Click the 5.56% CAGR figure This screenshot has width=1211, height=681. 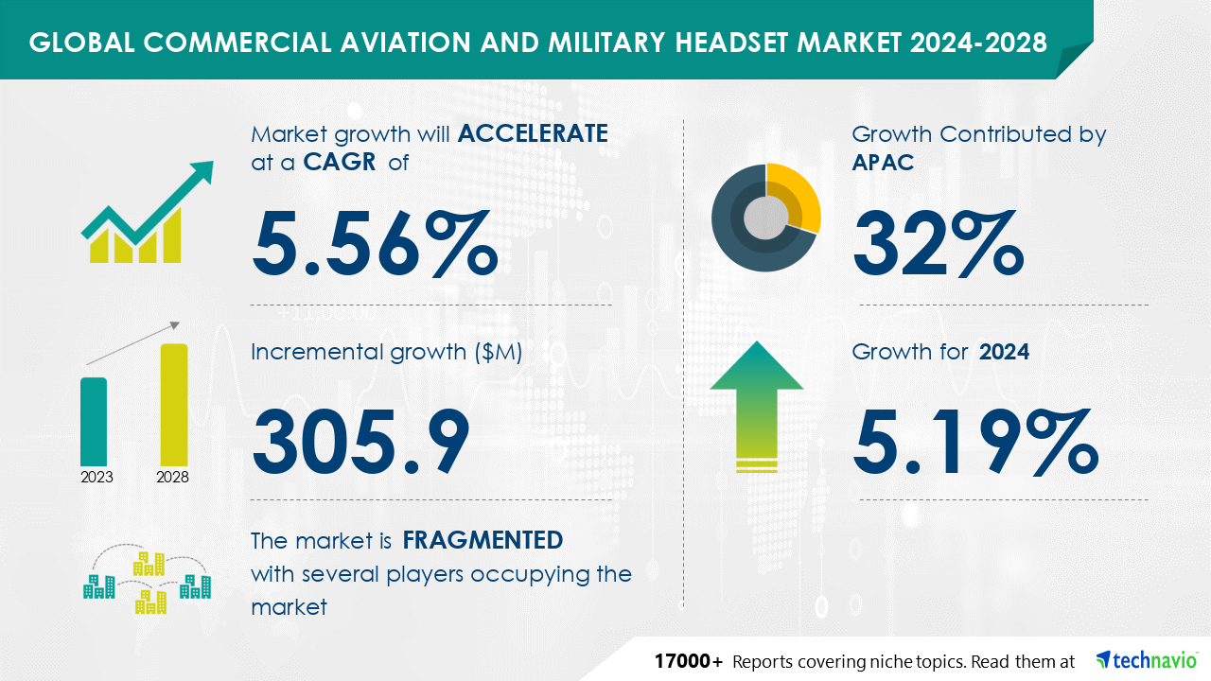375,244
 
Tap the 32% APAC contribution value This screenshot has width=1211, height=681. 939,244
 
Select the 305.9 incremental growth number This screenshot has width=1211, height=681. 360,442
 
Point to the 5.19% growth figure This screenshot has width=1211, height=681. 975,442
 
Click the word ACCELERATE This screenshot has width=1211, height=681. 533,133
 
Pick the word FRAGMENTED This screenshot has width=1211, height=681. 483,540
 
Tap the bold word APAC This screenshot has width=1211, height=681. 883,162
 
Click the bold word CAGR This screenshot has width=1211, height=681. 340,162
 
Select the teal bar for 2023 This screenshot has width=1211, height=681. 94,422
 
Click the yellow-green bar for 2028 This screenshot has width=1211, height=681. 174,405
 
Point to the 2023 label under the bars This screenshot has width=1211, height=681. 97,478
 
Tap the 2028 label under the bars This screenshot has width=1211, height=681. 172,478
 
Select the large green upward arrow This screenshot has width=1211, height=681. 757,407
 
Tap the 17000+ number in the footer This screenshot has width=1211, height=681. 688,661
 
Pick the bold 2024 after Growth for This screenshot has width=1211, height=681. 1004,352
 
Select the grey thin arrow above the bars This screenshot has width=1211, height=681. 132,343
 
